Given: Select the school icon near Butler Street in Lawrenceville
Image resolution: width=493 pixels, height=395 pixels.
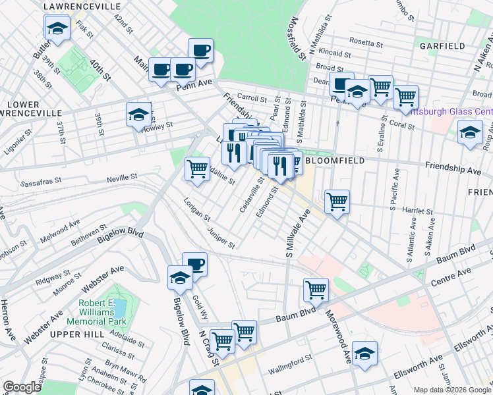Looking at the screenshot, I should click(x=57, y=28).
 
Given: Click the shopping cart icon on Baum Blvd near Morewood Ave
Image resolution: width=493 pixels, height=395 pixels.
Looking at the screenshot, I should click(x=316, y=289).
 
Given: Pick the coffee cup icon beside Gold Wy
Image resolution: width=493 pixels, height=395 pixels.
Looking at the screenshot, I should click(x=195, y=265).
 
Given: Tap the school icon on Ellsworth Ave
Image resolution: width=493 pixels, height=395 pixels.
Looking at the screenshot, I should click(x=364, y=353).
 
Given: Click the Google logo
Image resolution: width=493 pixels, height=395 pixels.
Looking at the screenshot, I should click(x=22, y=387).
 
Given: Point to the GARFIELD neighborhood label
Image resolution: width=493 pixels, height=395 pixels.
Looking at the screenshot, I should click(x=442, y=46).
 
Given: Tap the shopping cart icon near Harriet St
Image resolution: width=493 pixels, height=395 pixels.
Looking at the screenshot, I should click(x=337, y=201).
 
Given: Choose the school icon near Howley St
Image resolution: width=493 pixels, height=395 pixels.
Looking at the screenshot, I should click(x=138, y=115).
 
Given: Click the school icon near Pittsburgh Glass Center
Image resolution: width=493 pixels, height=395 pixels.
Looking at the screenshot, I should click(x=470, y=132).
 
